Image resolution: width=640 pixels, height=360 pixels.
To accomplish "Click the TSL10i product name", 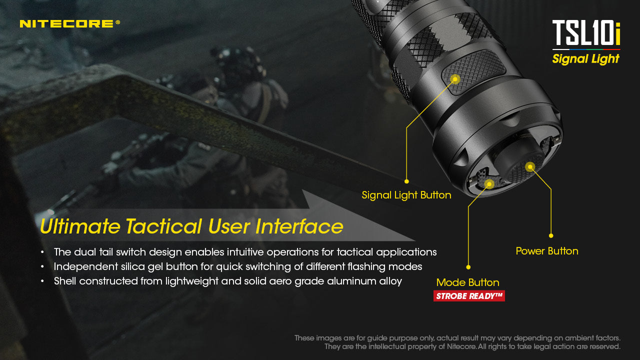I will point(586,33).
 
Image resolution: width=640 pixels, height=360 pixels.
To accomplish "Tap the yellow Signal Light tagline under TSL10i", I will point(586,59).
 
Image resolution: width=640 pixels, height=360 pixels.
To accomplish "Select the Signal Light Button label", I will point(406,195).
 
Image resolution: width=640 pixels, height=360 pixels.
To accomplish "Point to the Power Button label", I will point(547,251).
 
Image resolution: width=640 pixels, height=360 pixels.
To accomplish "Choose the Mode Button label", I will point(468,282).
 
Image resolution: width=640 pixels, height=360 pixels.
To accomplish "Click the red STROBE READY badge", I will point(469,296).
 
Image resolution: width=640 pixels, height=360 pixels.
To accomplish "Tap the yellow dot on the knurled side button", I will point(455,78).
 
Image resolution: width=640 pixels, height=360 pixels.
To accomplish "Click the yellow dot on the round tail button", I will point(530,166).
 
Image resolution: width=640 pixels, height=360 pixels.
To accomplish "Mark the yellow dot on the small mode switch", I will point(489,184).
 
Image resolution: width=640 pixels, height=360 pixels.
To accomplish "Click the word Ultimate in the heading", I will point(80,226).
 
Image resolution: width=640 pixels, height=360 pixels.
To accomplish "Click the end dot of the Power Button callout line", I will point(551,235).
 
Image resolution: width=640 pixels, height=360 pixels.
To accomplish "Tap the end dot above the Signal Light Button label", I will point(406,181).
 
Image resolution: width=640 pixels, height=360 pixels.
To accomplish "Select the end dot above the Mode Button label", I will point(468,267).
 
